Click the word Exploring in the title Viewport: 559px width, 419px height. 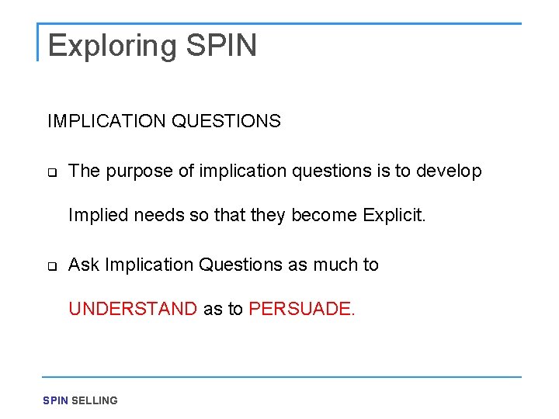pyautogui.click(x=113, y=46)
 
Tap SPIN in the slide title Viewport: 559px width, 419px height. pyautogui.click(x=221, y=46)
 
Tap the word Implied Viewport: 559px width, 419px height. pyautogui.click(x=99, y=215)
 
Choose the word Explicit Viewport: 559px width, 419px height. pyautogui.click(x=394, y=215)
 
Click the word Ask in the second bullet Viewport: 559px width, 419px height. pyautogui.click(x=84, y=265)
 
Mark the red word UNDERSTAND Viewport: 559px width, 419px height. pyautogui.click(x=133, y=309)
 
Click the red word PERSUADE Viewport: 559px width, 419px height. pyautogui.click(x=301, y=309)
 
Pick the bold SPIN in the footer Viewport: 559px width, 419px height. pyautogui.click(x=55, y=400)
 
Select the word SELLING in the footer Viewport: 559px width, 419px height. pyautogui.click(x=95, y=400)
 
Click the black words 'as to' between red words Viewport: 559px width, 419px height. pyautogui.click(x=223, y=309)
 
